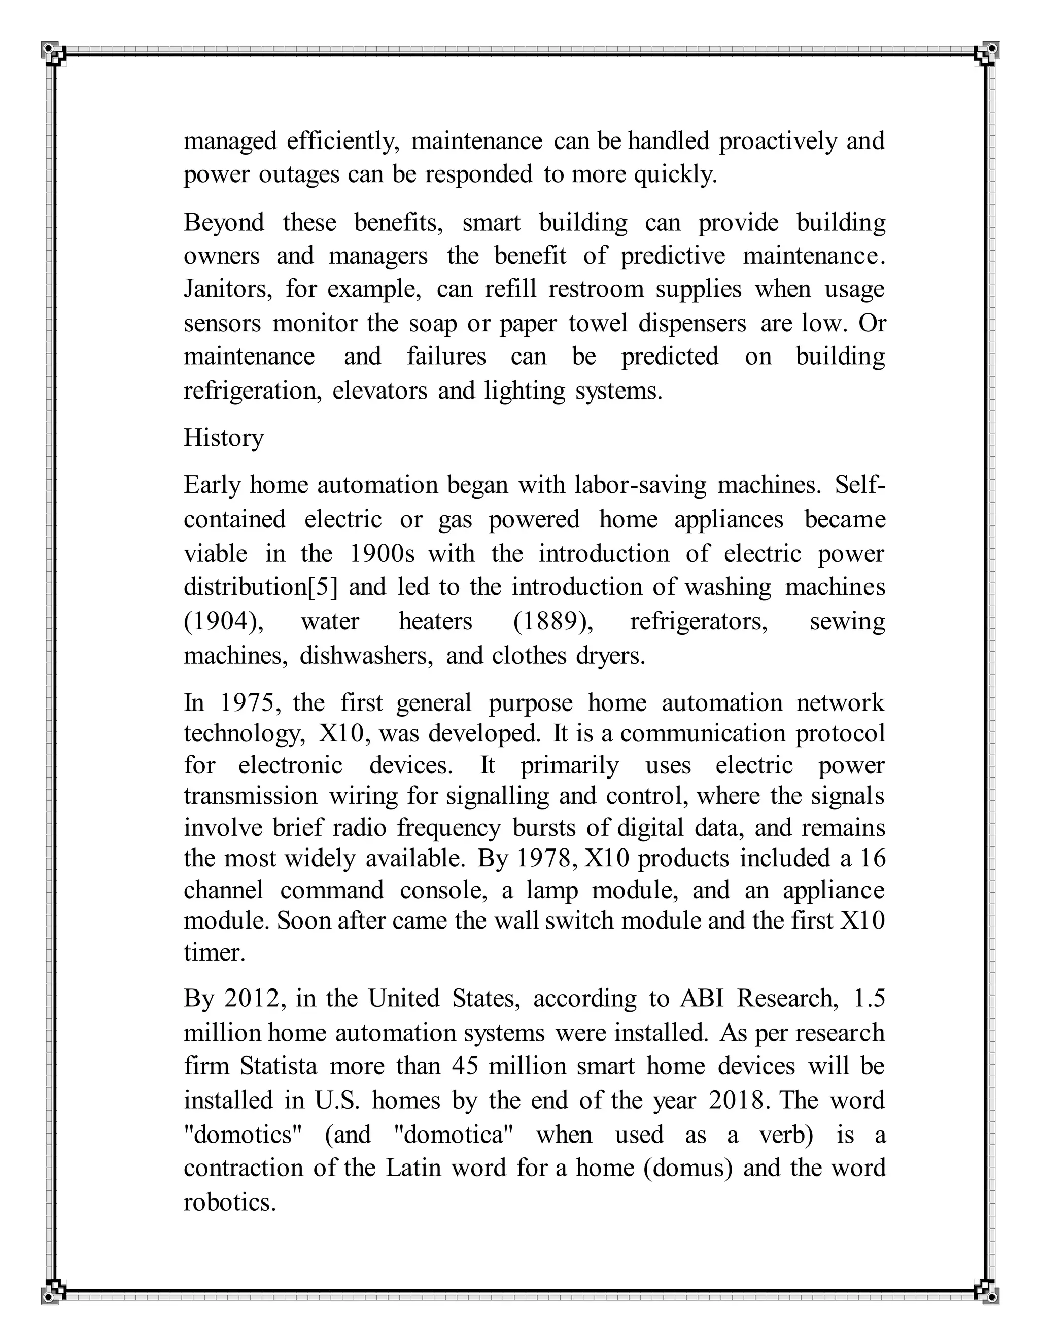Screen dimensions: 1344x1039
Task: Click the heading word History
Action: (223, 438)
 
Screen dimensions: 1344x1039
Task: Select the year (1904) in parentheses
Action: (223, 622)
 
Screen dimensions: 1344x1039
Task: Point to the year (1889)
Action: (553, 622)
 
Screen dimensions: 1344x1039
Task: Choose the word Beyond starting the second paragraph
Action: (223, 222)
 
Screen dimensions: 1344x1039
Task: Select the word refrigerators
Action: (699, 622)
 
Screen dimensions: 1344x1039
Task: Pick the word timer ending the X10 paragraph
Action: (214, 952)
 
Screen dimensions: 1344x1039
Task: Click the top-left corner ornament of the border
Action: (54, 54)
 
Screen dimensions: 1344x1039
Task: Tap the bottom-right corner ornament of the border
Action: (986, 1291)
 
